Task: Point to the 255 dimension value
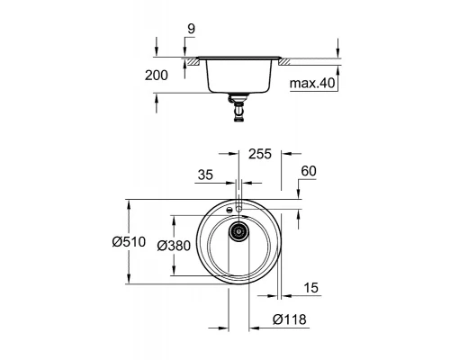tap(259, 155)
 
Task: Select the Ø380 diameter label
tap(170, 245)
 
